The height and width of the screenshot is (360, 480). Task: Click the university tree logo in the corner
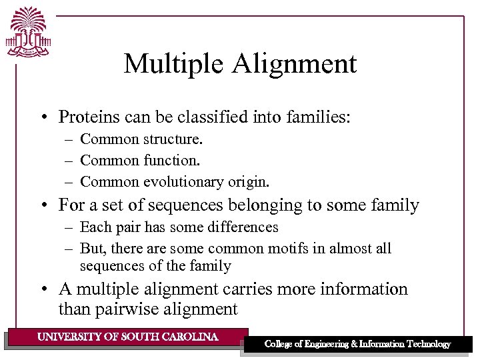coord(28,32)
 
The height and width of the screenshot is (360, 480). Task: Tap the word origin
coord(251,181)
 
